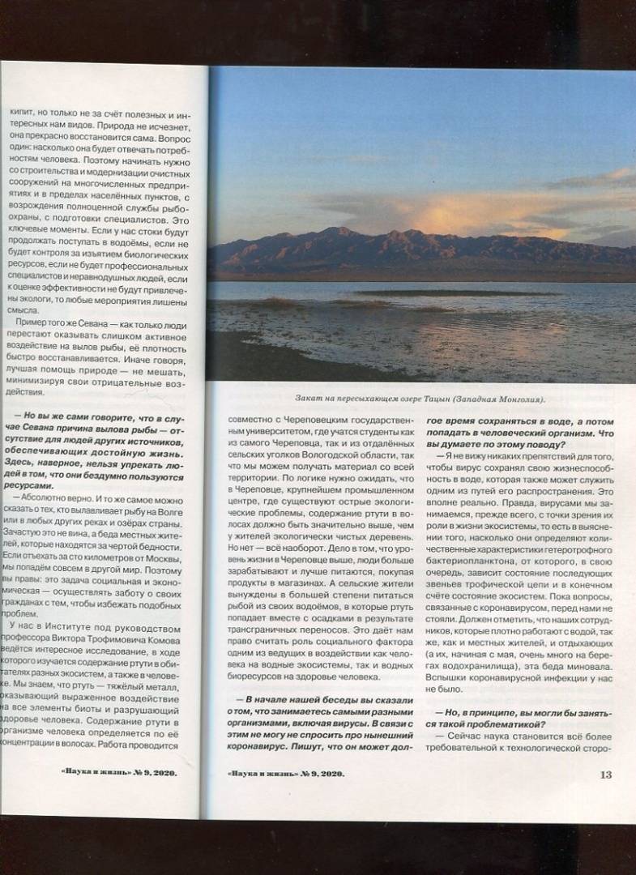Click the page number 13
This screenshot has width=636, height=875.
(605, 775)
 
